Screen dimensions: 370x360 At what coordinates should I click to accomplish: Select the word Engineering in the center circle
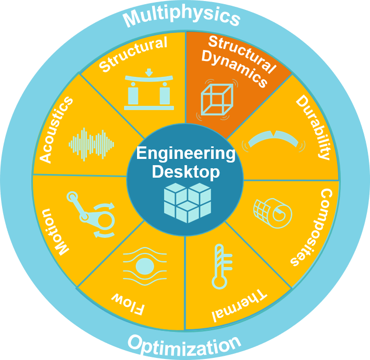pos(186,154)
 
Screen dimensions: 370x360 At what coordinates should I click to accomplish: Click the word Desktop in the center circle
pos(186,172)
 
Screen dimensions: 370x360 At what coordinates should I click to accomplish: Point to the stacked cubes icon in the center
pos(188,203)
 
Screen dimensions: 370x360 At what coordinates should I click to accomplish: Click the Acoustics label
pos(56,130)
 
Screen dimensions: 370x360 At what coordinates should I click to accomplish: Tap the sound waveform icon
pos(91,144)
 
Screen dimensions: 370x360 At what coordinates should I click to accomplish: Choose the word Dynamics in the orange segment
pos(235,68)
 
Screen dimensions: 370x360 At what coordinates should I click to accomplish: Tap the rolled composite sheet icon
pos(273,213)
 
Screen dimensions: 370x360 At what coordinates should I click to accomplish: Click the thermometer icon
pos(221,267)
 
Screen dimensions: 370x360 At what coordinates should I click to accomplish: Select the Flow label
pos(128,304)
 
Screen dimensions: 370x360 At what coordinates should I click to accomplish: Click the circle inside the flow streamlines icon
pos(145,267)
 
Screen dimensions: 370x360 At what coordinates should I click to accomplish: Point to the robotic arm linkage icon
pos(91,214)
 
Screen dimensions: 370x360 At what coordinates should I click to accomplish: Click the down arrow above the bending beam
pos(149,72)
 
